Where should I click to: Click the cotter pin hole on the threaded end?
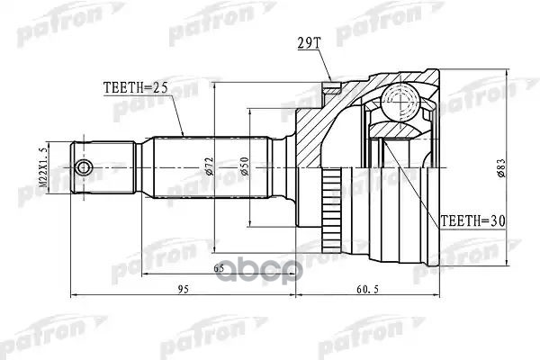pos(83,168)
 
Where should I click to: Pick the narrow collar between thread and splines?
pos(144,168)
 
